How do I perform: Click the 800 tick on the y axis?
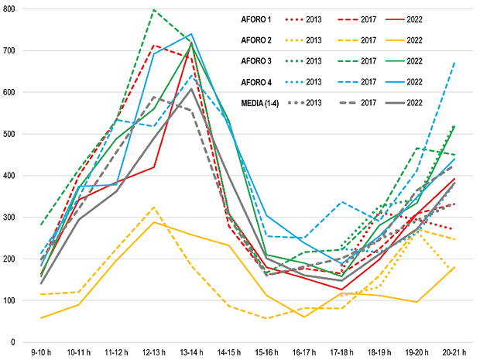point(15,9)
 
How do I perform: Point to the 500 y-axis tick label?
point(15,134)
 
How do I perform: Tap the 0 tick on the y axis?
point(21,341)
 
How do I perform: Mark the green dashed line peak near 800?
point(153,10)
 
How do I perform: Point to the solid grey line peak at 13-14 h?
point(190,89)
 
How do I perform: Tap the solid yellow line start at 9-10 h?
point(42,318)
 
